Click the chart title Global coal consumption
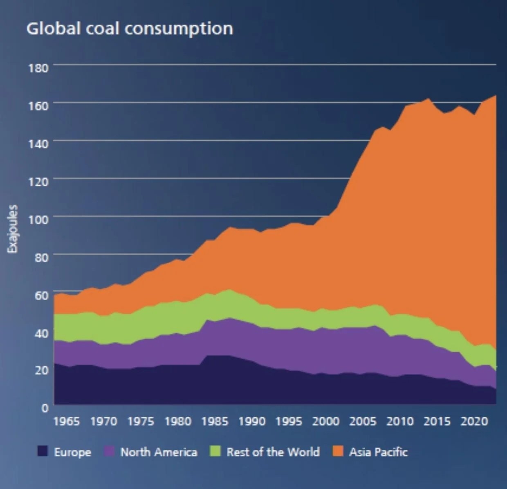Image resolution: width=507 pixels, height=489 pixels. point(130,29)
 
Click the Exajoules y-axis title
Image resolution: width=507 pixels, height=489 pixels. point(13,229)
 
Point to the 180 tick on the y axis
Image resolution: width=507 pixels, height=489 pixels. point(38,67)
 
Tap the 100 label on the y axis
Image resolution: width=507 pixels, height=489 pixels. point(38,219)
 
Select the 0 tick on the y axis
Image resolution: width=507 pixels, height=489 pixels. point(45,408)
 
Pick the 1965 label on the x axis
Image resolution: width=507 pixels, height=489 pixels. point(67,422)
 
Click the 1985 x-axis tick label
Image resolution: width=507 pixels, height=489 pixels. point(215,422)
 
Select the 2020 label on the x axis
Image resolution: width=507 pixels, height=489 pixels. point(474,422)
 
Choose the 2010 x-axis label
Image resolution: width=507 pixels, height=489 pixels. point(400,422)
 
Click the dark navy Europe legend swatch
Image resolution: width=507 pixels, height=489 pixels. point(43,451)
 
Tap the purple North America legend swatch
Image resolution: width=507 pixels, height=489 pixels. point(110,451)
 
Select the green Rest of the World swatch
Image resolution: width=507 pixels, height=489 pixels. point(215,451)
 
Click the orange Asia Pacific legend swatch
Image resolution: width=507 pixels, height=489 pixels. point(338,451)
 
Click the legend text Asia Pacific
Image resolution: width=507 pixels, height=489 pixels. point(378,452)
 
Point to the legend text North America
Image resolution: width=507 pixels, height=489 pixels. point(159,452)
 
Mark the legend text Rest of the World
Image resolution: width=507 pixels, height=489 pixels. point(273,452)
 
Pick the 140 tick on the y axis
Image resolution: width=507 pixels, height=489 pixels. point(38,143)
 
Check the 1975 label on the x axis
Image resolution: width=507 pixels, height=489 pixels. point(141,422)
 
